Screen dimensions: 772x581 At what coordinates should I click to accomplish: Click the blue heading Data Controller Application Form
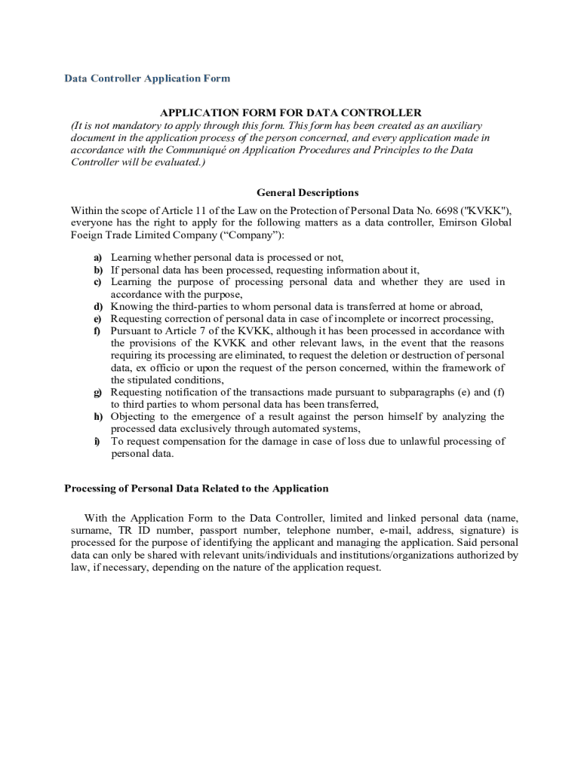[147, 78]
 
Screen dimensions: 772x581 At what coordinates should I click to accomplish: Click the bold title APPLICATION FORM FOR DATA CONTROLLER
[290, 113]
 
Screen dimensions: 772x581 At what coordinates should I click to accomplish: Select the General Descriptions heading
[307, 192]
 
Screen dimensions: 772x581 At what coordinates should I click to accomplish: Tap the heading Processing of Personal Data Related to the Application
[196, 489]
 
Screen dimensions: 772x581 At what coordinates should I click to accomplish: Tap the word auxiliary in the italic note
[460, 126]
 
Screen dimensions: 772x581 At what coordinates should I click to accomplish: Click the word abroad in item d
[474, 307]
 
